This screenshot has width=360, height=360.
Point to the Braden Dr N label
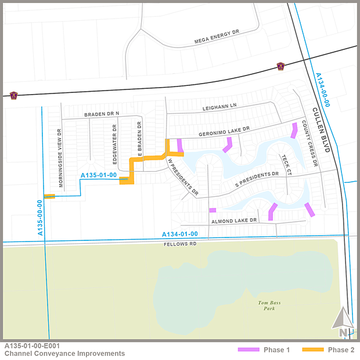(101, 114)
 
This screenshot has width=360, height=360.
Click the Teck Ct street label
(285, 164)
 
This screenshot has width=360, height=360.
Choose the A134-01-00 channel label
(180, 234)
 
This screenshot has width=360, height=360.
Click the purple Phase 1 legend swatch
(248, 350)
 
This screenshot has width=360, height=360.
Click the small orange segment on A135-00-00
(49, 196)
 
